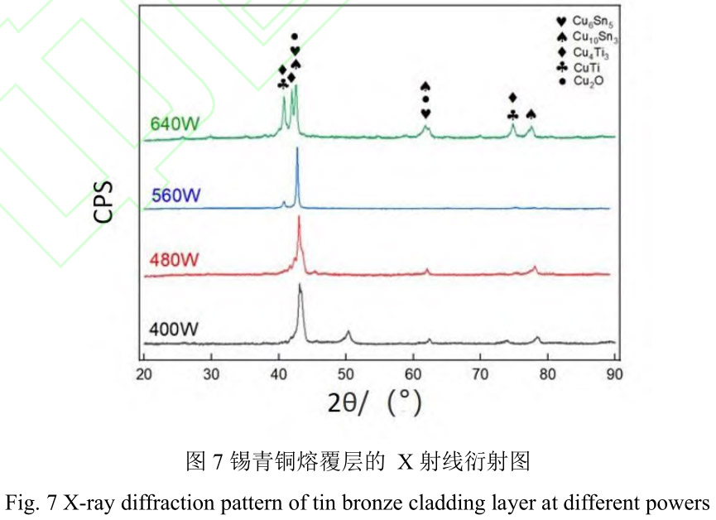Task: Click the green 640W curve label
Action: click(x=175, y=125)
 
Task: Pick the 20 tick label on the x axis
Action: click(x=144, y=373)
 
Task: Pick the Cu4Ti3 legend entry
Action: click(x=585, y=52)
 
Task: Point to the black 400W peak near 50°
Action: click(x=348, y=332)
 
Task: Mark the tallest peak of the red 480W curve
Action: click(x=298, y=217)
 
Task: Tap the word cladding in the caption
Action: click(x=473, y=503)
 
